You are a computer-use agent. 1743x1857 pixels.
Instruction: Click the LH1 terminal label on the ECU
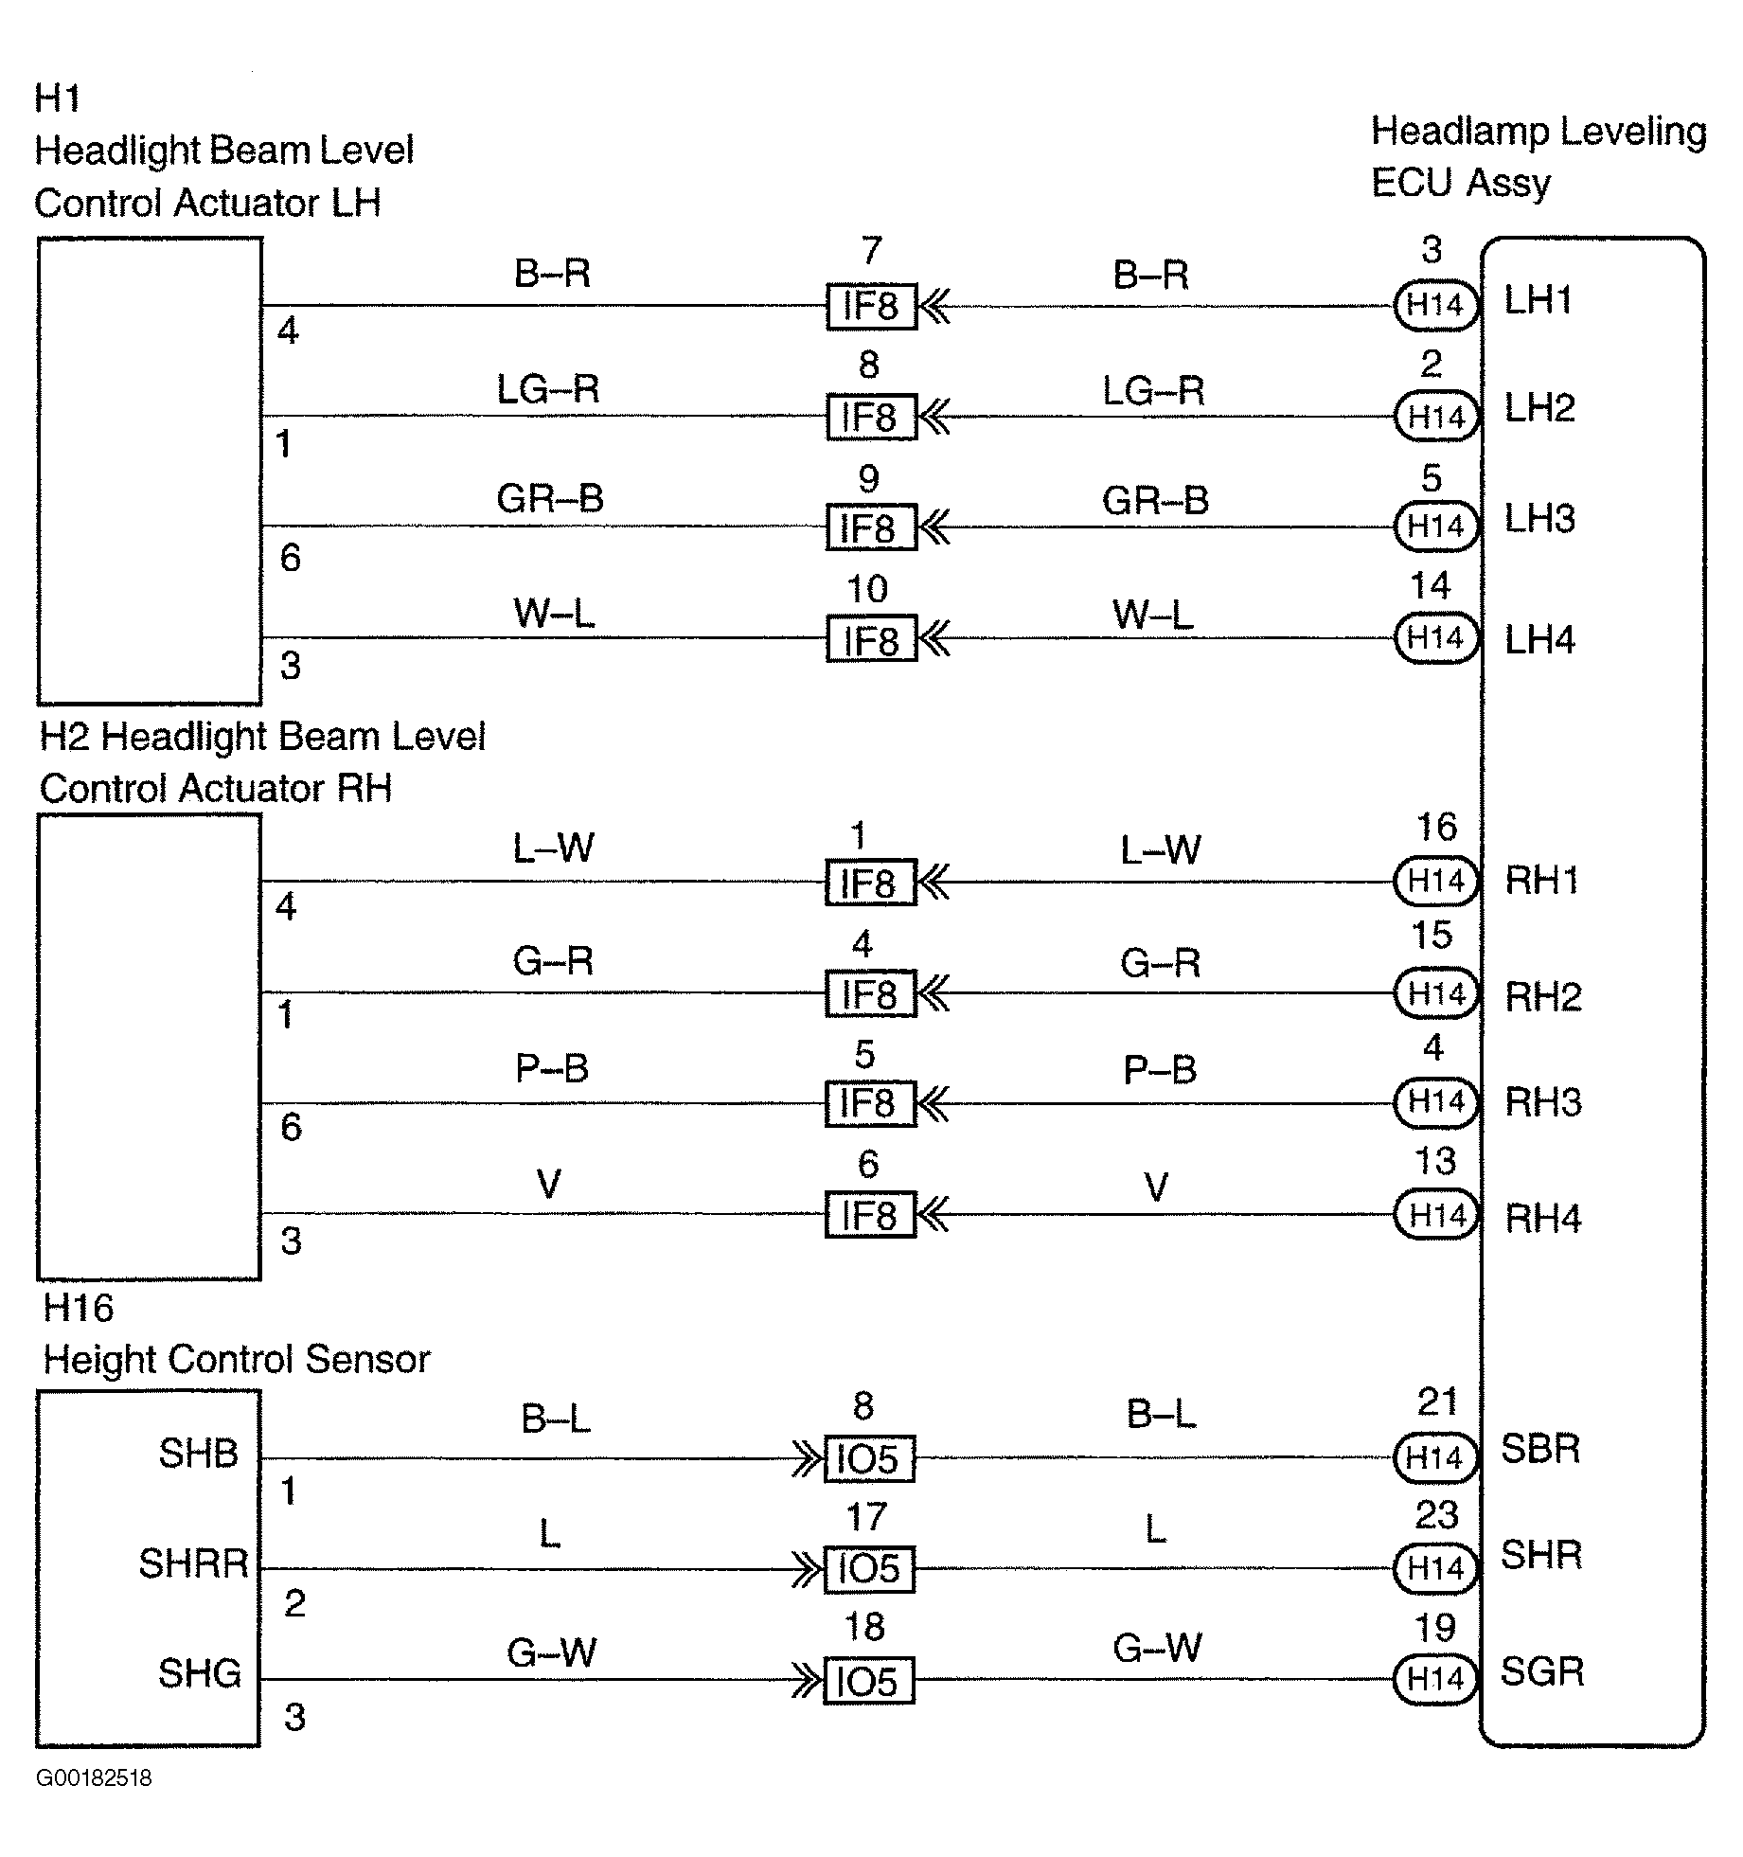tap(1538, 300)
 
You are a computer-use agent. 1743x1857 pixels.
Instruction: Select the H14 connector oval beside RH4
tap(1436, 1215)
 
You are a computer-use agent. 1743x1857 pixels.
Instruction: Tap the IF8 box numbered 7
tap(871, 306)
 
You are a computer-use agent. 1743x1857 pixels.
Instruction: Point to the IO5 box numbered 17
tap(868, 1568)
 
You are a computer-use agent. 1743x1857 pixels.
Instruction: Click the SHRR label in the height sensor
tap(193, 1563)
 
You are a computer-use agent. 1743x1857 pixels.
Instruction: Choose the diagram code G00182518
tap(94, 1777)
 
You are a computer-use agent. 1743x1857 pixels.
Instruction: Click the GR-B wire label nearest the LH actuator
tap(550, 498)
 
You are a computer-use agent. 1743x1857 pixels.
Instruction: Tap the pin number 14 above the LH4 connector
tap(1430, 586)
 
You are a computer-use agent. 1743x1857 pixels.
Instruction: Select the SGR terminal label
tap(1542, 1671)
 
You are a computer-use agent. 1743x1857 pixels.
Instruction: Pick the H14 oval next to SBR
tap(1435, 1457)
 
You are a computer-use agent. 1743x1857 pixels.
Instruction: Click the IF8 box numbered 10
tap(871, 639)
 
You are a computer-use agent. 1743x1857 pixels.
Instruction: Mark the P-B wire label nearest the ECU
tap(1160, 1069)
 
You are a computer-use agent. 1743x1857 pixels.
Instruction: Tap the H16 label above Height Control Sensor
tap(79, 1308)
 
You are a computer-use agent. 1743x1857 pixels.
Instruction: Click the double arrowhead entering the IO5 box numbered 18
tap(808, 1680)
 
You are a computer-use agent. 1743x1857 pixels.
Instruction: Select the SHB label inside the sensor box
tap(198, 1453)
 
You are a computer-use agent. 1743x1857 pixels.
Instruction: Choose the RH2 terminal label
tap(1543, 995)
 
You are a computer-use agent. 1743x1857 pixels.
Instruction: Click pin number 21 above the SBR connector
tap(1436, 1402)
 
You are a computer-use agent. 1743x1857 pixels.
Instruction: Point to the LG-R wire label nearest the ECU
tap(1153, 389)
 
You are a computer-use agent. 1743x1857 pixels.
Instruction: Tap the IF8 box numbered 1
tap(870, 883)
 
